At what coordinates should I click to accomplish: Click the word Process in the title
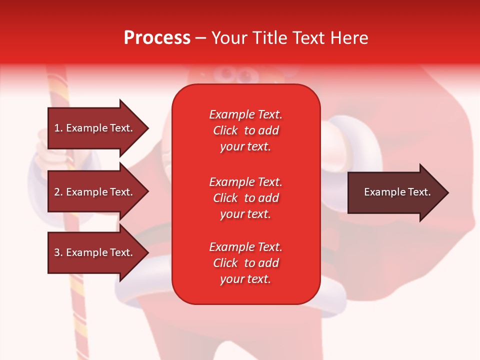(157, 38)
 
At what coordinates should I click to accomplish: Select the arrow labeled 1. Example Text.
(95, 128)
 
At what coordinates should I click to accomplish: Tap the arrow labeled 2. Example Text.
(95, 192)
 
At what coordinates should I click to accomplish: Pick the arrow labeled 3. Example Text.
(95, 252)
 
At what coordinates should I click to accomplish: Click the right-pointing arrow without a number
(395, 192)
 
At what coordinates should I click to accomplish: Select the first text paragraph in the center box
(245, 130)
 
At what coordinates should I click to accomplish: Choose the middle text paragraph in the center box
(245, 198)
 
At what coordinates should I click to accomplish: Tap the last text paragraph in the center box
(245, 263)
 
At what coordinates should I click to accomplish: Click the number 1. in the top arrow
(58, 128)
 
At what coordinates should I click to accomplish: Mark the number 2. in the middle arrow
(58, 192)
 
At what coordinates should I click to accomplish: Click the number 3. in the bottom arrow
(58, 252)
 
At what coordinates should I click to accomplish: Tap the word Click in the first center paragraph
(225, 130)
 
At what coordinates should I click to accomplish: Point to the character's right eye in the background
(245, 76)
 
